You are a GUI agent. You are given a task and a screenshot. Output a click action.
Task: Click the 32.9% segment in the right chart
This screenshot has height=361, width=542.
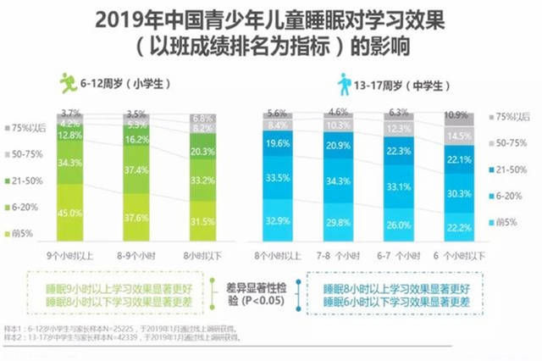tap(276, 219)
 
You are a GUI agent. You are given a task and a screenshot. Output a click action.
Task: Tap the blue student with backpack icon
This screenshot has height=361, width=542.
tap(344, 84)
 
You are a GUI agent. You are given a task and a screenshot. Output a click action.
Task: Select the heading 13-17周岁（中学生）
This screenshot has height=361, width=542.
tap(399, 85)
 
